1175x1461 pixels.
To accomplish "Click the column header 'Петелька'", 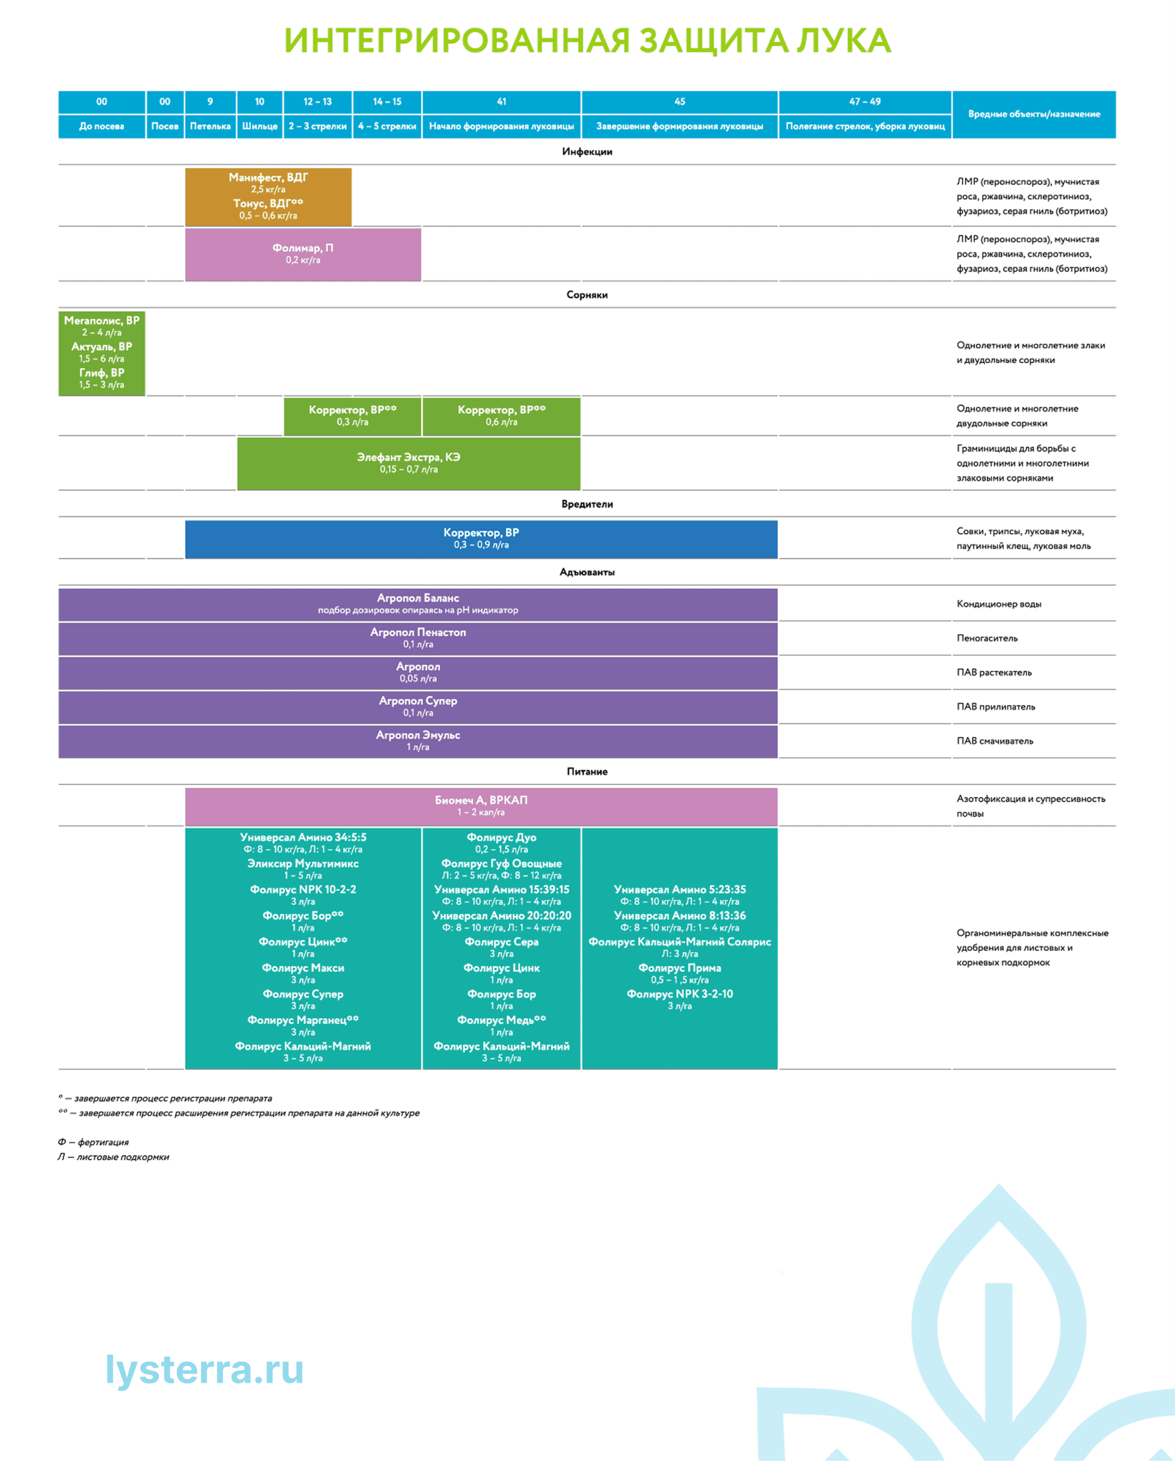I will [x=210, y=126].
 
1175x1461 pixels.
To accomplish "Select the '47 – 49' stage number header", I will [x=865, y=102].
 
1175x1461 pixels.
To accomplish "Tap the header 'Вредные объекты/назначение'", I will [x=1033, y=114].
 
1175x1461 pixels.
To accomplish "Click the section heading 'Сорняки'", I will [x=587, y=295].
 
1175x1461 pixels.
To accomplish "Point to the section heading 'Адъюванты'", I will [x=587, y=572].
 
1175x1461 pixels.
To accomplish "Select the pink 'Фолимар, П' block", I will [x=303, y=253].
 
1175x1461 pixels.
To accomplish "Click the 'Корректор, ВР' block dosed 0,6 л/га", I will [x=502, y=415].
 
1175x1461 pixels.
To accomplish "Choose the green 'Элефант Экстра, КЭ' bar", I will [x=409, y=463].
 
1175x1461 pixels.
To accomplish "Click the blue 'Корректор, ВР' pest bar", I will [x=481, y=538].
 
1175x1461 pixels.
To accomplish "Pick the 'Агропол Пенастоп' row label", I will [x=418, y=632].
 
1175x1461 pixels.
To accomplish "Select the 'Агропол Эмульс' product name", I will [x=418, y=735].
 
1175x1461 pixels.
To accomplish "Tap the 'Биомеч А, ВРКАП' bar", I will [x=481, y=806].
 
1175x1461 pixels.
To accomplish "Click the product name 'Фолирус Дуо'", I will [x=502, y=838].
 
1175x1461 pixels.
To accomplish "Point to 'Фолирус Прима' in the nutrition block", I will [x=680, y=968].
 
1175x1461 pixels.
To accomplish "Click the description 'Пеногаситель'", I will [x=987, y=639].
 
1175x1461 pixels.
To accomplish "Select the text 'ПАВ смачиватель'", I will [x=995, y=741].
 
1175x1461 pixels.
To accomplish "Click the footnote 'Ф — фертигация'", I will [x=94, y=1143].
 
